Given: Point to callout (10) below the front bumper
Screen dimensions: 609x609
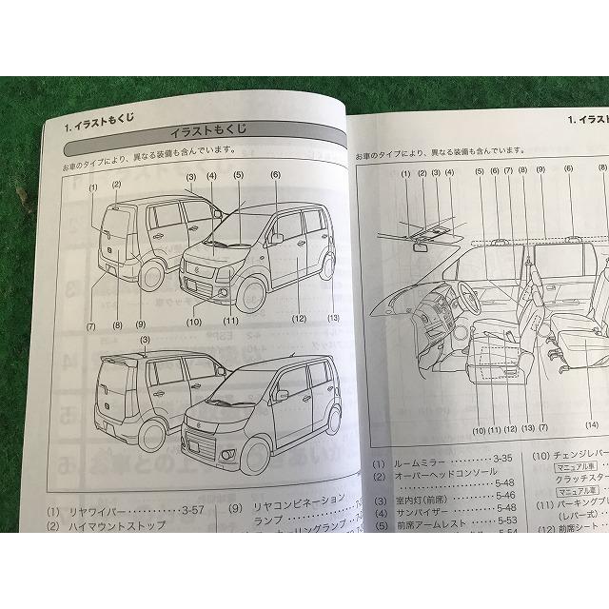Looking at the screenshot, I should [x=194, y=322].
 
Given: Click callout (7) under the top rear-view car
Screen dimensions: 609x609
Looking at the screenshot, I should [x=92, y=326].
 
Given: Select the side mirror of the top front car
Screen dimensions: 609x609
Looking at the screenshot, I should [x=278, y=238].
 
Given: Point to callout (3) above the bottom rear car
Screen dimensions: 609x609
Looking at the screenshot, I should [x=144, y=341].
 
